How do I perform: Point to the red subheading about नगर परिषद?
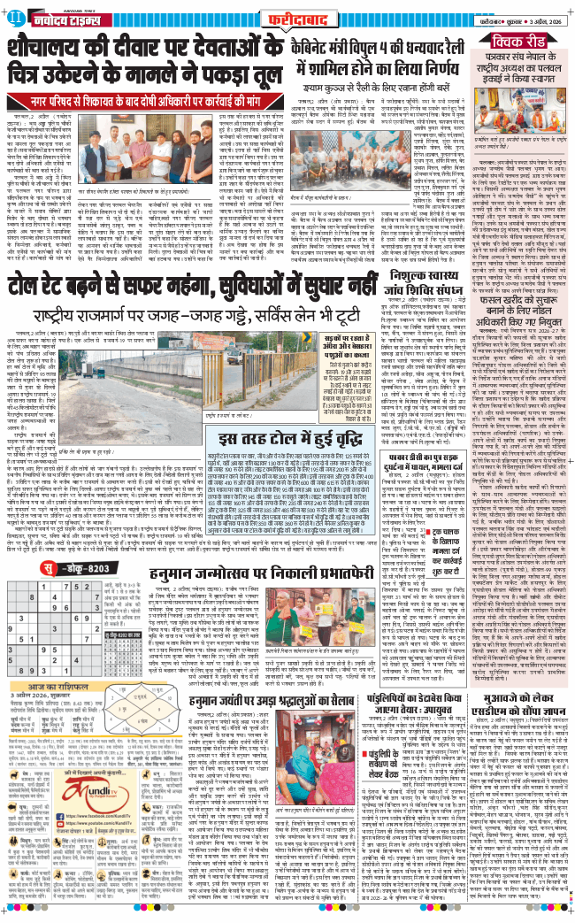[x=146, y=99]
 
